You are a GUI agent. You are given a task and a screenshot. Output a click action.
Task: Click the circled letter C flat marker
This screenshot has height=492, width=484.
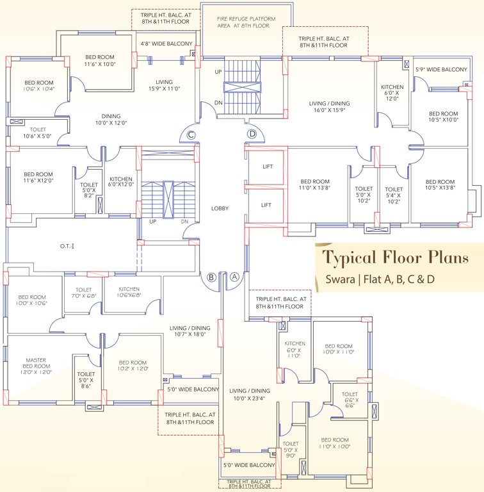pos(191,134)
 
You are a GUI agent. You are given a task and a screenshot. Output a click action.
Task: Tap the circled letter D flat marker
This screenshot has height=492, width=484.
pos(252,133)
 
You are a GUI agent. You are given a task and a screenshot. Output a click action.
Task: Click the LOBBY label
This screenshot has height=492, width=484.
pos(220,208)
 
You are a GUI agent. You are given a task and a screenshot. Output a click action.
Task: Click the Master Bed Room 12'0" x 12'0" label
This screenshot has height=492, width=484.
pos(35,366)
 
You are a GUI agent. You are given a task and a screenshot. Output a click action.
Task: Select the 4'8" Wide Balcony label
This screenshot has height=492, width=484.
pos(166,44)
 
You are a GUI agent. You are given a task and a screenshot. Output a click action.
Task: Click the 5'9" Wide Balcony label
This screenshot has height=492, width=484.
pos(441,69)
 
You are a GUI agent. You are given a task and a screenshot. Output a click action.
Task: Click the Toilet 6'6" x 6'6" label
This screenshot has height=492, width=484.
pos(350,400)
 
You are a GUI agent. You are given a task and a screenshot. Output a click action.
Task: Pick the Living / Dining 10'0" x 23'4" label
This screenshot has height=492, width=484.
pos(250,394)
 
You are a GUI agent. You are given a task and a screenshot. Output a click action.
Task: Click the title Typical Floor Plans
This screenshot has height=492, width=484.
pos(394,258)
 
